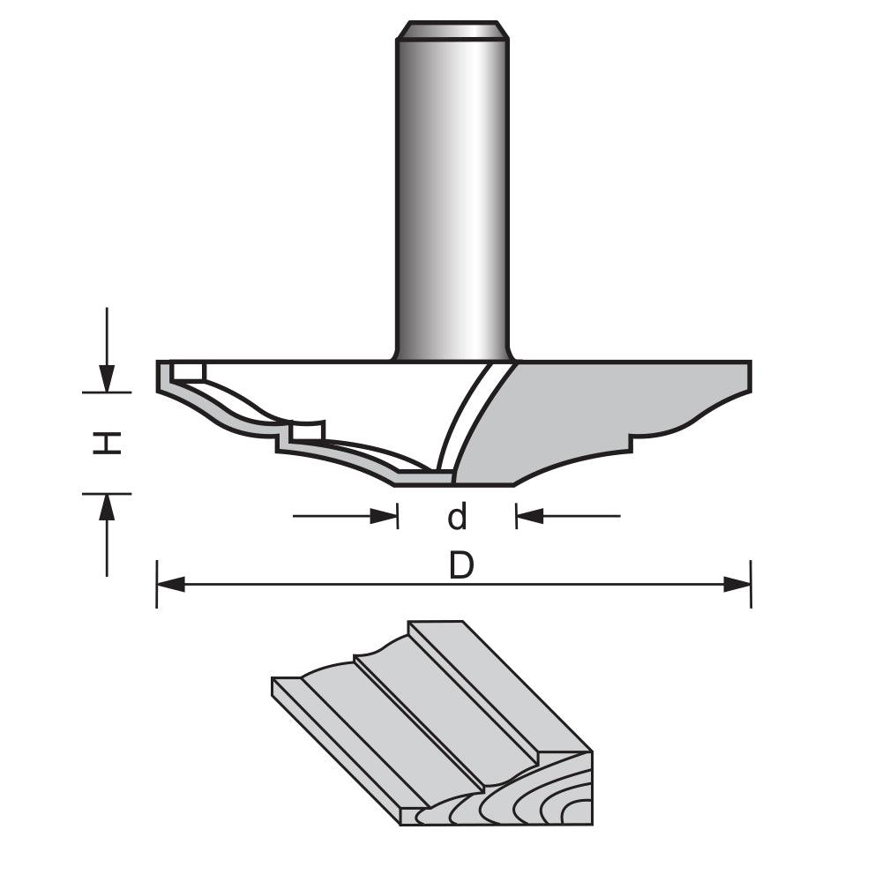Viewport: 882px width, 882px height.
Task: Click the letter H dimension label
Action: point(108,443)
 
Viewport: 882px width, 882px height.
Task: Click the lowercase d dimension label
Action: point(457,517)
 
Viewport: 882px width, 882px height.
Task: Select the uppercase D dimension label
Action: point(461,566)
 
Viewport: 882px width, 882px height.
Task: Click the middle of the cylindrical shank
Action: point(452,194)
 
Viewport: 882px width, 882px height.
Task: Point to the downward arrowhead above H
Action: point(107,377)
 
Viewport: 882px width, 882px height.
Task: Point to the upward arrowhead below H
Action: point(107,507)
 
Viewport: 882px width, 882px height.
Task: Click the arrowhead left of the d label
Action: point(384,516)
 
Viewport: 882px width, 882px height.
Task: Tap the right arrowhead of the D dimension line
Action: point(737,584)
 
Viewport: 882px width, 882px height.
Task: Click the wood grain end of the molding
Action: point(529,794)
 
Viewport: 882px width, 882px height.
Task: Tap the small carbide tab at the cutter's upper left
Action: point(188,370)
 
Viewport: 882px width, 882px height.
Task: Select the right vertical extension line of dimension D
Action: point(751,584)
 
